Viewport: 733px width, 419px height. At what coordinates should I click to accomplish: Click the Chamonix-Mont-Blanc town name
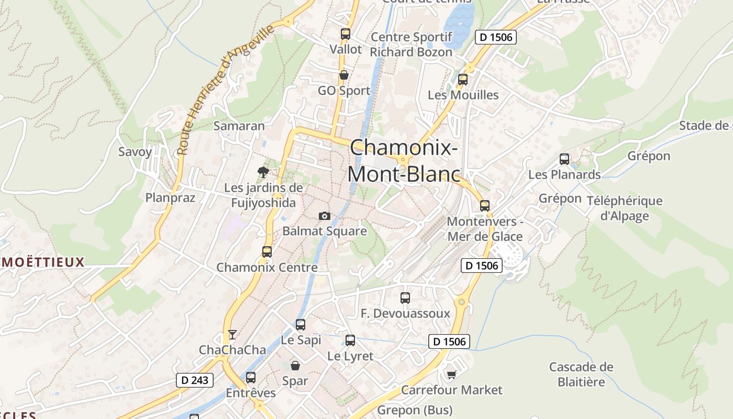click(x=404, y=160)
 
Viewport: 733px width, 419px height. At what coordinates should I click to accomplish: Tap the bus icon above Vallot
click(x=345, y=34)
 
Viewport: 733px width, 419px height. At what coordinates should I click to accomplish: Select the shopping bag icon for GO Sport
click(x=344, y=75)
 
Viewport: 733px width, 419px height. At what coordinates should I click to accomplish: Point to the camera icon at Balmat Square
click(x=325, y=216)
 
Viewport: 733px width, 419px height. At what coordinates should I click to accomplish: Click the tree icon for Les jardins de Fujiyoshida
click(x=263, y=172)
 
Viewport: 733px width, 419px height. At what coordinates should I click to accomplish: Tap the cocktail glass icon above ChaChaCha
click(x=232, y=334)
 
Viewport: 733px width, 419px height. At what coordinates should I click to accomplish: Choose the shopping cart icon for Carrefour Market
click(x=451, y=374)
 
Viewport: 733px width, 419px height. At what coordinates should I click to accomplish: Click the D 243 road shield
click(x=194, y=380)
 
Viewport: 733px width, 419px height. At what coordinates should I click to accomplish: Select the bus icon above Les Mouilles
click(x=463, y=80)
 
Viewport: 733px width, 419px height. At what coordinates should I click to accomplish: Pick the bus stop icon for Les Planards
click(x=564, y=159)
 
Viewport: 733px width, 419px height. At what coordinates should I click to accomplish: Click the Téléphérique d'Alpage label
click(x=625, y=208)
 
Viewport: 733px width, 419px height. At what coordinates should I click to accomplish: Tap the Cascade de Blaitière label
click(x=581, y=374)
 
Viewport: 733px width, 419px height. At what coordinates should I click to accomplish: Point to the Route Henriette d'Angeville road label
click(x=225, y=90)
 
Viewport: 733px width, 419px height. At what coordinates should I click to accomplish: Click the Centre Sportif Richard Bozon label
click(x=411, y=45)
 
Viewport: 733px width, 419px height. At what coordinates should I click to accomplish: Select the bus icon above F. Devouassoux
click(x=405, y=298)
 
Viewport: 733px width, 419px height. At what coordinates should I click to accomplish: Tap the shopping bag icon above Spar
click(x=295, y=365)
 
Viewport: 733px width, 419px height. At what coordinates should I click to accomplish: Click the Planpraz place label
click(x=170, y=197)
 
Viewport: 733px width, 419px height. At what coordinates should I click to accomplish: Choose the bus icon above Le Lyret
click(x=350, y=340)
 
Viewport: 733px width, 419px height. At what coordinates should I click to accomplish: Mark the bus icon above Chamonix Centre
click(x=267, y=252)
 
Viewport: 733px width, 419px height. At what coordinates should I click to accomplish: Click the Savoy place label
click(x=135, y=152)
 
